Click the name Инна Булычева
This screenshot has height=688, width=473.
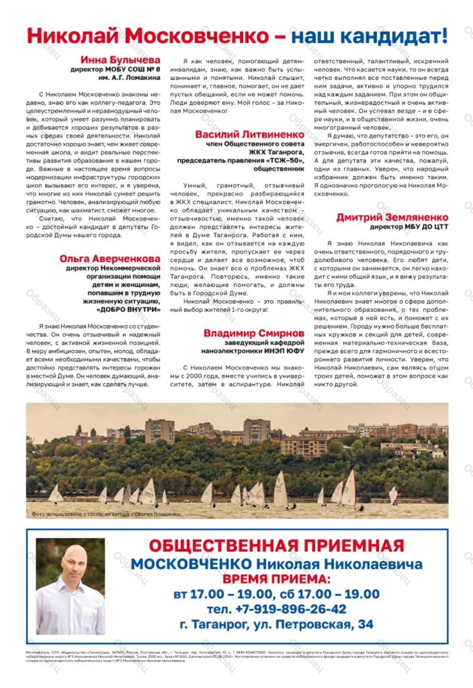[120, 60]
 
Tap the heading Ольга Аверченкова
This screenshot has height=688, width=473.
[110, 259]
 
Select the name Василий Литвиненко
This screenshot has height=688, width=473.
[250, 134]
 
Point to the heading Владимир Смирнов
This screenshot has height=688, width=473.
[254, 333]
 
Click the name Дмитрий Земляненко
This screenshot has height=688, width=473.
[392, 217]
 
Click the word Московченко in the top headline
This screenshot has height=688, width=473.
[196, 36]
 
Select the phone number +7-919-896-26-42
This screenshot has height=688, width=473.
[290, 609]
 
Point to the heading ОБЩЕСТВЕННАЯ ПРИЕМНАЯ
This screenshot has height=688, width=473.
[276, 546]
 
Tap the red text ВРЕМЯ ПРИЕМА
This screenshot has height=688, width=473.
[276, 579]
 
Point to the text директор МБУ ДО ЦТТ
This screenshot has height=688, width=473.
[409, 227]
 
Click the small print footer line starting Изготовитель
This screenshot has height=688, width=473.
[236, 653]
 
